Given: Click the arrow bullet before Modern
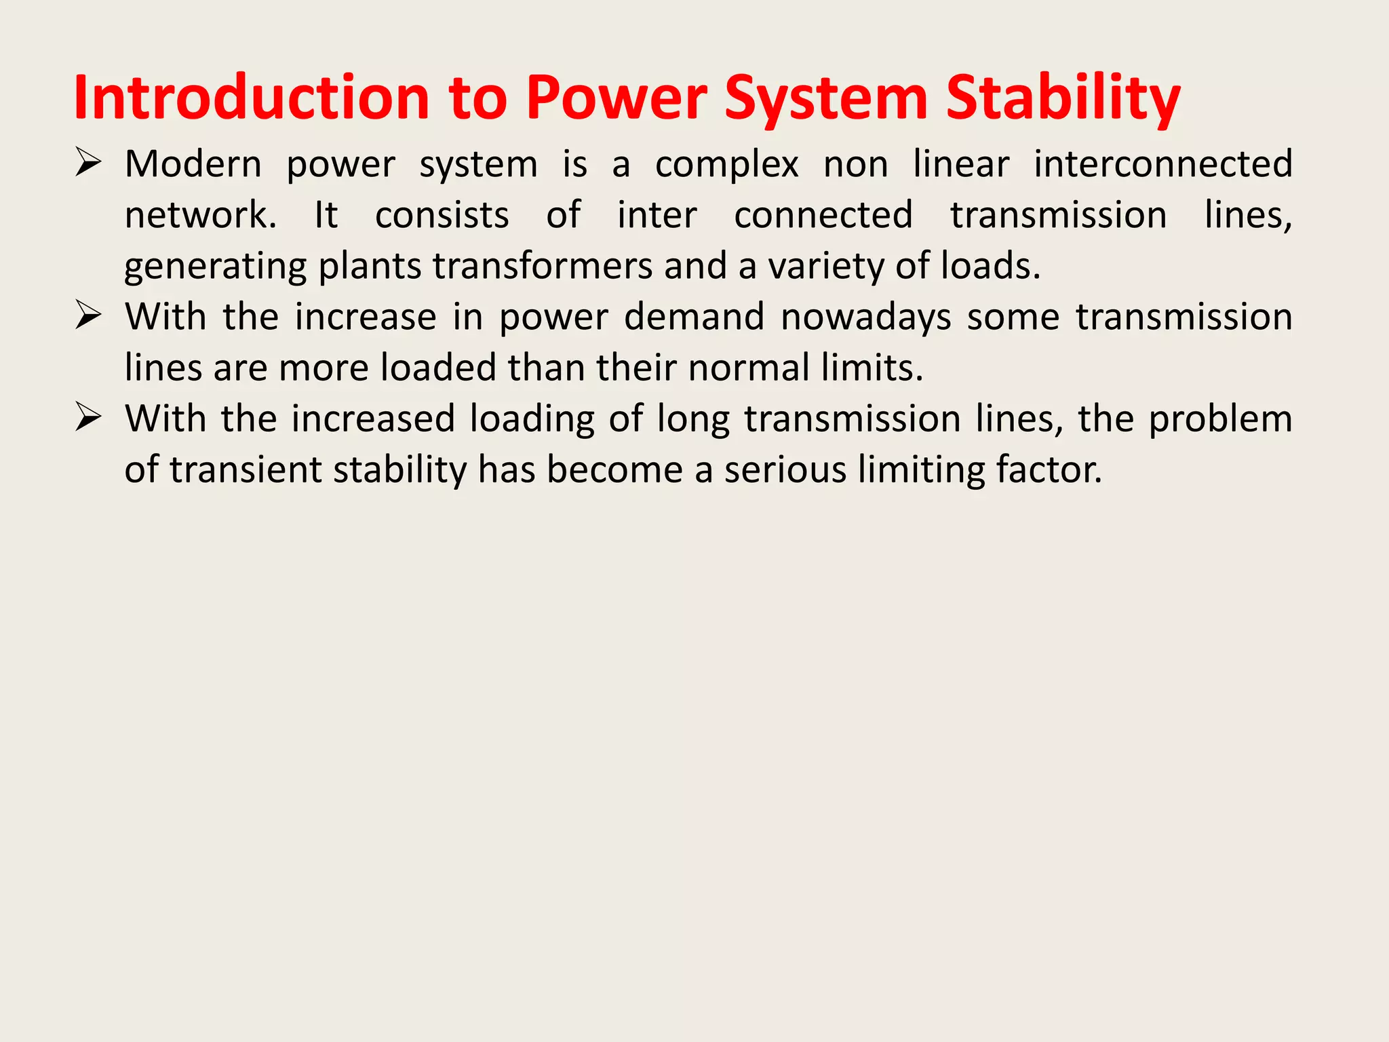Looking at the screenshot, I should pos(88,163).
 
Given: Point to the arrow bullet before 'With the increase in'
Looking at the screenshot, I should pos(88,315).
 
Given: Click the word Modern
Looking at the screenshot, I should pos(193,164).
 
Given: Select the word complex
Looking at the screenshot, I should pos(726,165).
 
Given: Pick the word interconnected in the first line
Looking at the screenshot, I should pos(1163,164).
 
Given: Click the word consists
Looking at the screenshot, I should pos(442,215).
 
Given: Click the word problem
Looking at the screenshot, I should pos(1220,419).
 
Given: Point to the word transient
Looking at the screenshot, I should pos(246,469).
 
